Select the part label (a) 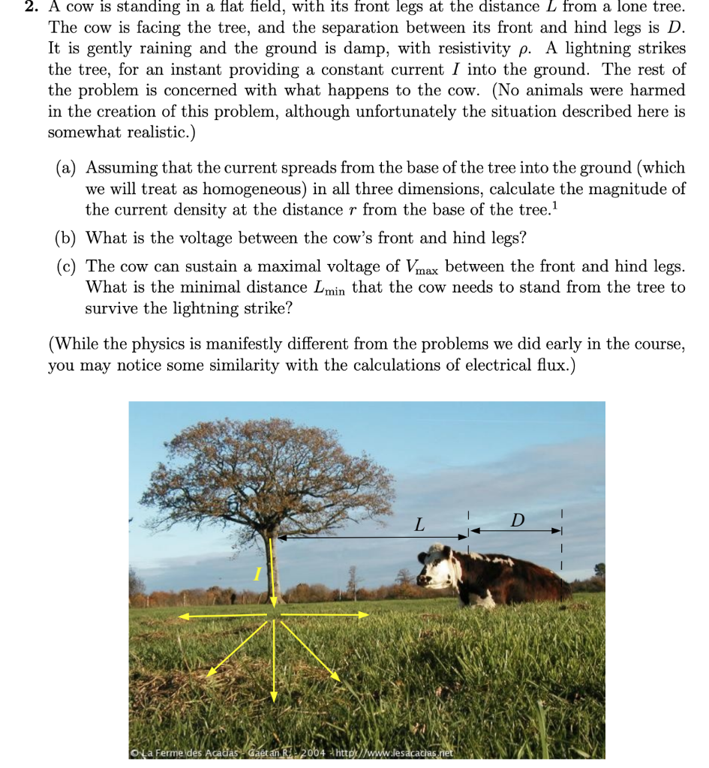pyautogui.click(x=68, y=168)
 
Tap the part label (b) pyautogui.click(x=68, y=238)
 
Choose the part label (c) pyautogui.click(x=68, y=266)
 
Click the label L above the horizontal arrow pyautogui.click(x=419, y=526)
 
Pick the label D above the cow pyautogui.click(x=517, y=520)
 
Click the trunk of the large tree pyautogui.click(x=272, y=570)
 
